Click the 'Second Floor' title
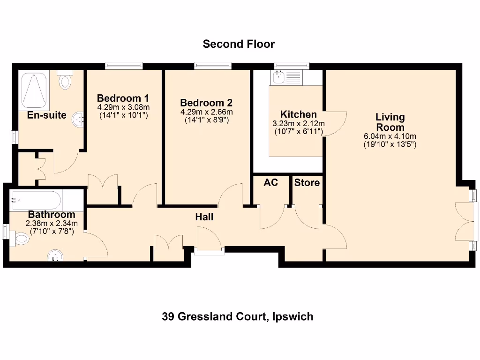[x=239, y=44]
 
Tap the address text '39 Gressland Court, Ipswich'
[x=238, y=316]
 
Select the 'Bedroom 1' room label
[x=123, y=98]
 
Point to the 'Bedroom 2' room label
[x=206, y=103]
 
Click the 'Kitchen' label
[x=298, y=114]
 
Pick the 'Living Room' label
[x=390, y=122]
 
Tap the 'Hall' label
[x=204, y=217]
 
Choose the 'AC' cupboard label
[x=270, y=182]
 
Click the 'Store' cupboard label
[x=307, y=182]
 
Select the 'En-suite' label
[x=46, y=115]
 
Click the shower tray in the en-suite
[x=34, y=90]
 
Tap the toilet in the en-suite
[x=65, y=80]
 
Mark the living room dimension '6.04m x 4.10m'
[x=390, y=136]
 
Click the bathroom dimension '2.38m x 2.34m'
[x=52, y=223]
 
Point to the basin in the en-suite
[x=77, y=121]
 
